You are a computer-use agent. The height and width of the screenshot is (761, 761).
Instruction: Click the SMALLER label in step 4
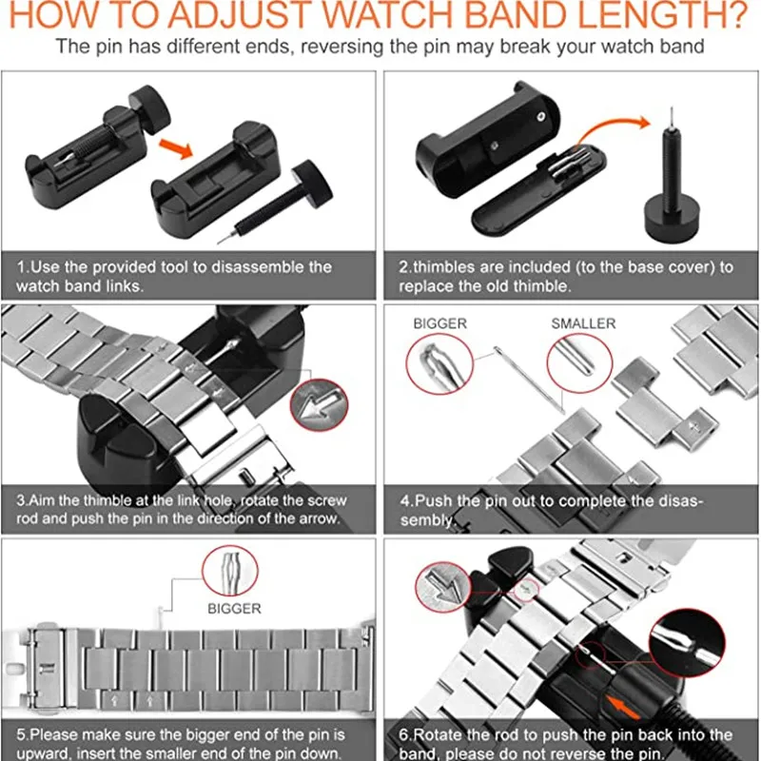584,324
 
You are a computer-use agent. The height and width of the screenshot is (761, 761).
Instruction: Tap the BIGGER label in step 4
439,324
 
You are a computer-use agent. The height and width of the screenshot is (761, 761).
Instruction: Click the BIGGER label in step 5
233,609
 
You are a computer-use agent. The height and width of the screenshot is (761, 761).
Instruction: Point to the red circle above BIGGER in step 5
228,572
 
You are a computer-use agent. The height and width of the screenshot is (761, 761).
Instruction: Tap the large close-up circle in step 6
685,650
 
